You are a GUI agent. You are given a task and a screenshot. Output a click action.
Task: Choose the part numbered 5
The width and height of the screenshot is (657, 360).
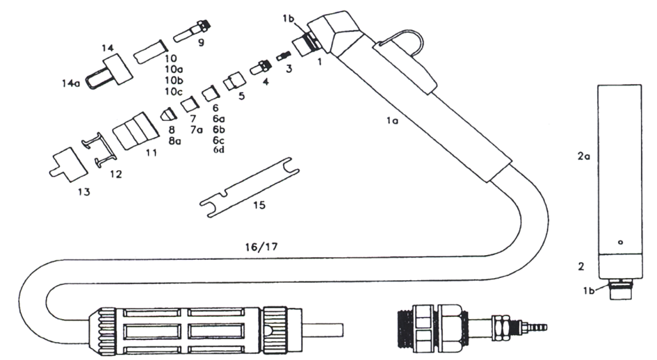(x=232, y=85)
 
